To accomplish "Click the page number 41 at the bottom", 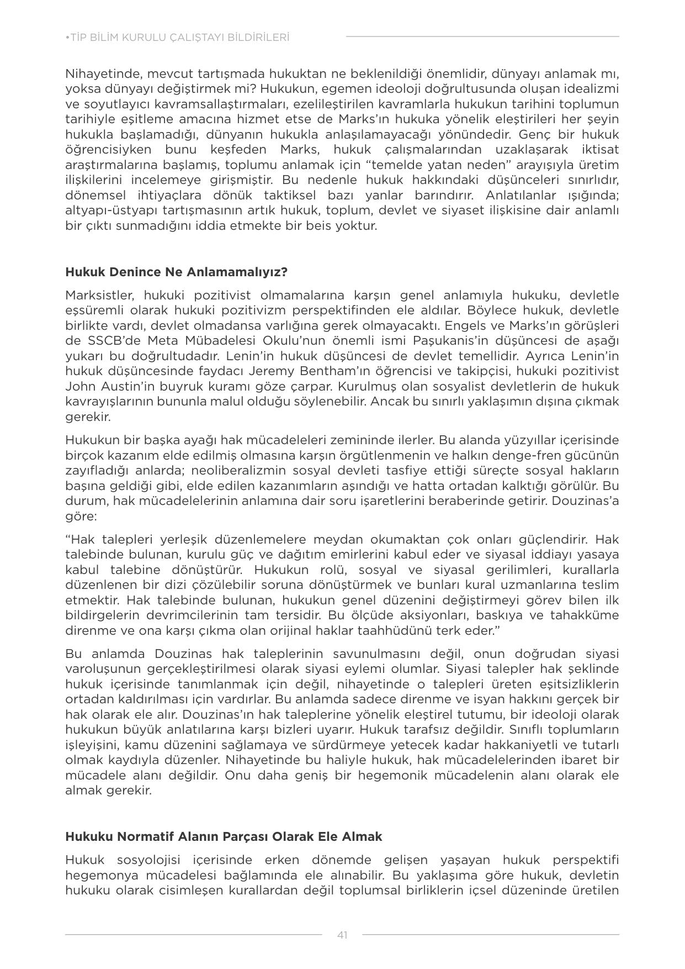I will tap(342, 935).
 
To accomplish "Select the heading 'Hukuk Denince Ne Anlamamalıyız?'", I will tap(177, 272).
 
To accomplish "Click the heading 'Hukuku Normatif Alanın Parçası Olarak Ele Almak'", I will tap(224, 836).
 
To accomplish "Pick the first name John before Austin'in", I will tap(80, 386).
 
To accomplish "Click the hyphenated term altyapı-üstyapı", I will tap(116, 210).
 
